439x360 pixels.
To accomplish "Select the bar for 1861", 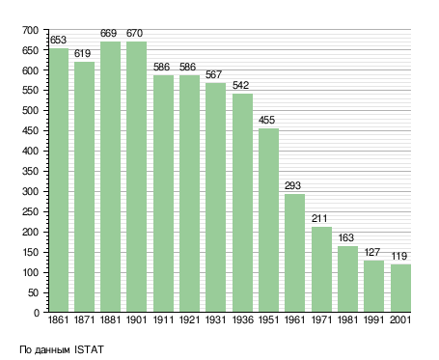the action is pos(59,180).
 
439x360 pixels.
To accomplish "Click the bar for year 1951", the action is pos(268,220).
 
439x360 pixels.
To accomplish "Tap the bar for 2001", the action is pos(400,288).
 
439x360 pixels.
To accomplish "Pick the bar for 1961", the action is pos(294,253).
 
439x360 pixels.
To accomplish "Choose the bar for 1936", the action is pos(242,203).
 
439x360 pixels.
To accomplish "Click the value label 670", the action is pos(134,33).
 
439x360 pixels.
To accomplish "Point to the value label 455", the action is pos(266,120).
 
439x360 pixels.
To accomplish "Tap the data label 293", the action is pos(292,185).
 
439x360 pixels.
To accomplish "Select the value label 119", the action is pos(399,256).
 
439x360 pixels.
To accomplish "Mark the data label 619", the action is pos(82,53).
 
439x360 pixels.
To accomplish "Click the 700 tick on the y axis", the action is pos(30,30).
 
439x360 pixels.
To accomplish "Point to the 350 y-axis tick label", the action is pos(30,171).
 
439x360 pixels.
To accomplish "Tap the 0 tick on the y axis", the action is pos(37,313).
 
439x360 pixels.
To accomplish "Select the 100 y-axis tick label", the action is pos(30,272).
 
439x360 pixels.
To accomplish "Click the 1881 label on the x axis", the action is pos(110,319).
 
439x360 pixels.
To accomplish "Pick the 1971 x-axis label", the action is pos(321,319).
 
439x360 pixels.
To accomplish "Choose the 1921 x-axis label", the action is pos(189,319).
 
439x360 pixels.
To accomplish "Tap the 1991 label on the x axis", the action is pos(373,319).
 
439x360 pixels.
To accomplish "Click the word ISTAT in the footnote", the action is pos(89,349).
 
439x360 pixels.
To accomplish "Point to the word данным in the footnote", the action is pos(52,350).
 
